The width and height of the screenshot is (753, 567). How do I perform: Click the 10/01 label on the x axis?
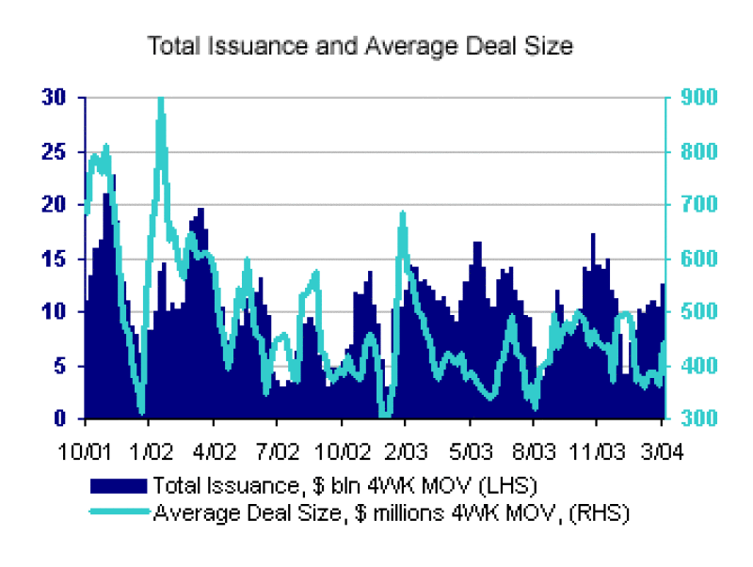[86, 450]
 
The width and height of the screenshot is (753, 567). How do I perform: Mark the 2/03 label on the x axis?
[406, 450]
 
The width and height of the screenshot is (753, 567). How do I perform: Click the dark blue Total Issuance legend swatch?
[119, 485]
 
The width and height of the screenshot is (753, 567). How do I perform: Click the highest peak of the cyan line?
[161, 100]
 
